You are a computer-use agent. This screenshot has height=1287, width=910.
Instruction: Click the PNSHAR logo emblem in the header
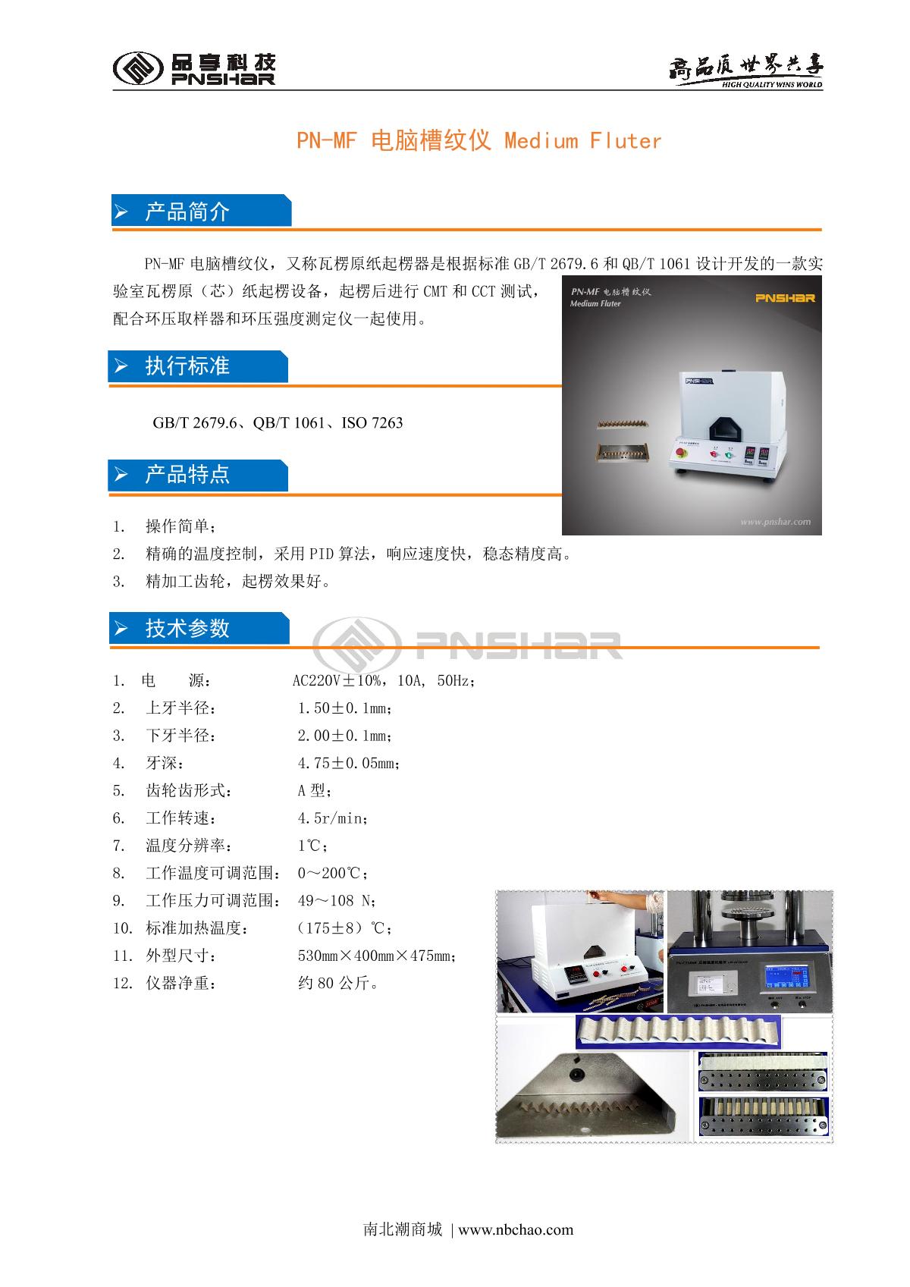pyautogui.click(x=138, y=68)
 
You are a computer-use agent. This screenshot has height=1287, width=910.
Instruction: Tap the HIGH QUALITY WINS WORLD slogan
pyautogui.click(x=771, y=84)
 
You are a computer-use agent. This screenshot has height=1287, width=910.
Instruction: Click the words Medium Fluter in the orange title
pyautogui.click(x=582, y=141)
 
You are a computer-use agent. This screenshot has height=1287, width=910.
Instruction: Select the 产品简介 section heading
pyautogui.click(x=187, y=212)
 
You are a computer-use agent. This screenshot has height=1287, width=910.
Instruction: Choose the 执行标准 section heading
pyautogui.click(x=187, y=366)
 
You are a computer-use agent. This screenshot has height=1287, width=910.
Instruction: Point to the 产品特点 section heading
pyautogui.click(x=187, y=475)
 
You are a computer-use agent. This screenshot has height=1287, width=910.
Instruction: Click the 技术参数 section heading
pyautogui.click(x=187, y=628)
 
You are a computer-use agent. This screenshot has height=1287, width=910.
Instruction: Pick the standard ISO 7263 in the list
pyautogui.click(x=372, y=423)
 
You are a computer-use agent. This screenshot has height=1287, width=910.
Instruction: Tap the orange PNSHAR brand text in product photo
pyautogui.click(x=785, y=297)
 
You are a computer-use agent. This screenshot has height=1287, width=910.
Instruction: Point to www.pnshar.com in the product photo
pyautogui.click(x=775, y=522)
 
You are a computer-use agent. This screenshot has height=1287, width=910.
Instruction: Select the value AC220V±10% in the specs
pyautogui.click(x=336, y=680)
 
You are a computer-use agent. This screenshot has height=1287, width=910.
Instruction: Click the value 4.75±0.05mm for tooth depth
pyautogui.click(x=347, y=763)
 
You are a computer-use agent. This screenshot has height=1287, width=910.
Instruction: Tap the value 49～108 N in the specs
pyautogui.click(x=334, y=900)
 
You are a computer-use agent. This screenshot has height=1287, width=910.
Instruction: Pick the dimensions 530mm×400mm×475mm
pyautogui.click(x=375, y=956)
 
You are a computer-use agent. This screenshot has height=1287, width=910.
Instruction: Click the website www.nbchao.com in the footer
pyautogui.click(x=516, y=1229)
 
